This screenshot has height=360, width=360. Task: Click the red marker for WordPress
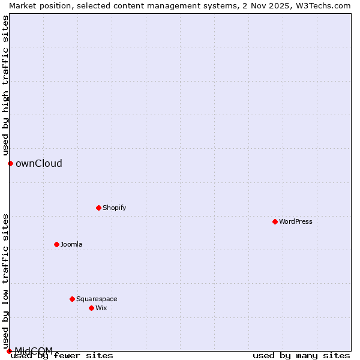point(275,221)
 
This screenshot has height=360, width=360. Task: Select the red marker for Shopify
point(98,208)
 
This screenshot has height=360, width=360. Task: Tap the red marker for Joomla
point(56,244)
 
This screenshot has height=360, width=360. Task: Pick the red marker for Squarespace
point(72,299)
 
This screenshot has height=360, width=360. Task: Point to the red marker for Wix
point(91,308)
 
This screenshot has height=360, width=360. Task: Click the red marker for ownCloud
point(10,163)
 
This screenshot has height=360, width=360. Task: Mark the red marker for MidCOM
point(9,351)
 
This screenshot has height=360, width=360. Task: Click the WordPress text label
point(295,221)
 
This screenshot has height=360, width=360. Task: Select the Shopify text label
point(114,208)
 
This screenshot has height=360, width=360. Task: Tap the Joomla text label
point(71,244)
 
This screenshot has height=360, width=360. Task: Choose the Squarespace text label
point(97,299)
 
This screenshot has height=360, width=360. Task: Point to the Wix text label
point(101,308)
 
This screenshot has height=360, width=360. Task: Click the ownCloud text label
point(38,163)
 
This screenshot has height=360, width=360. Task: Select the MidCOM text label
point(34,350)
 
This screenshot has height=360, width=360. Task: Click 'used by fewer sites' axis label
point(62,355)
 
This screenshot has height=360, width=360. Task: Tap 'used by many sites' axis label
point(301,355)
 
